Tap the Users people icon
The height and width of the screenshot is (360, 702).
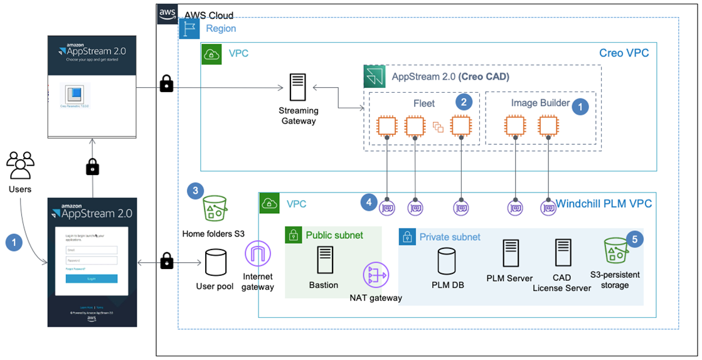click(x=20, y=165)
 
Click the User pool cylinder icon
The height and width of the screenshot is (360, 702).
click(x=215, y=263)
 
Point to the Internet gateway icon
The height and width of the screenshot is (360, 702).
click(x=258, y=257)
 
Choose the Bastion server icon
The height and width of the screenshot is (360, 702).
click(x=324, y=260)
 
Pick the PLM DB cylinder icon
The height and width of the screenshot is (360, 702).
click(x=447, y=260)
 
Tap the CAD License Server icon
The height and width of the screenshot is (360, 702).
click(x=562, y=253)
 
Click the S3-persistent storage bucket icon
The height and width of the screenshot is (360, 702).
click(x=614, y=251)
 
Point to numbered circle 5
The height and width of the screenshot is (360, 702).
click(x=636, y=239)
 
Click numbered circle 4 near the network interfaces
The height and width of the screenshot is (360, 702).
click(x=370, y=202)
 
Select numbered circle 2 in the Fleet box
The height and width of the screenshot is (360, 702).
click(x=464, y=102)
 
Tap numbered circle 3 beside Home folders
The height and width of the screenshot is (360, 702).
click(x=196, y=191)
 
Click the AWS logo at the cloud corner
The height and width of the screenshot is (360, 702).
click(x=168, y=13)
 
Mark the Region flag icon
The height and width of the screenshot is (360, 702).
click(x=189, y=28)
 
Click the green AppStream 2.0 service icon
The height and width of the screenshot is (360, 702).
click(x=375, y=77)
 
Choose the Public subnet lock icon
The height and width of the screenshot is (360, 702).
click(x=294, y=235)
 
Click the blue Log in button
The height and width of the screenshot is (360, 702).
click(x=92, y=278)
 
